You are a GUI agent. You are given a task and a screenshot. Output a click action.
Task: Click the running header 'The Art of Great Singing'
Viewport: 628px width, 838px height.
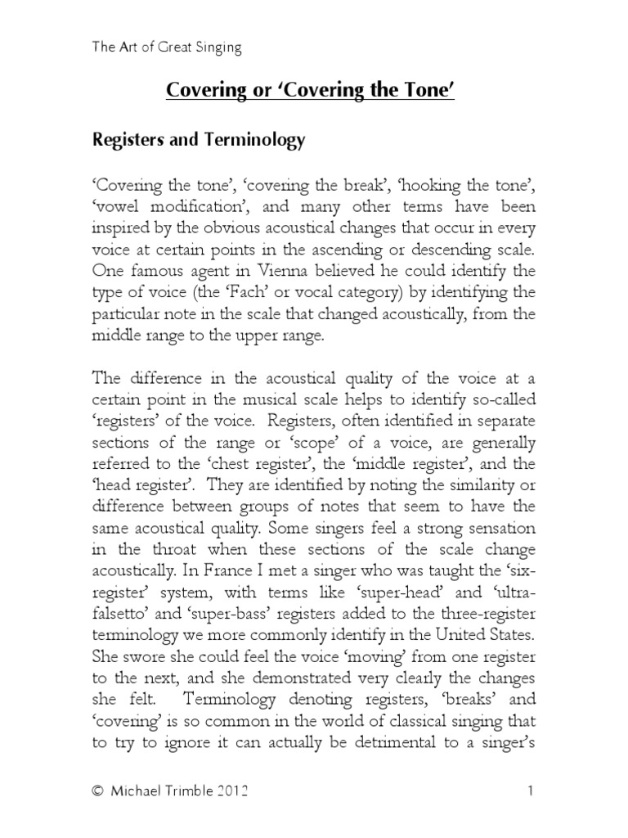click(166, 47)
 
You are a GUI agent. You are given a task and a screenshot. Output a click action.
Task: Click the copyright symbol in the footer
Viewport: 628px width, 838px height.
click(98, 791)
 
